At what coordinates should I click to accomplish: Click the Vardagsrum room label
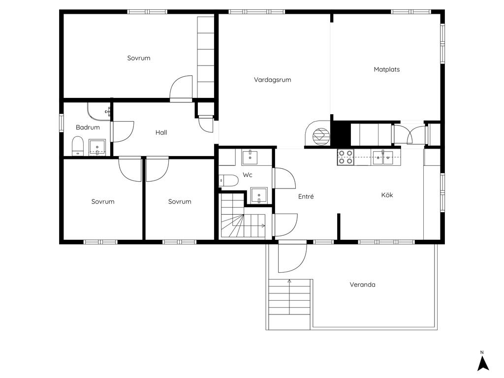272,80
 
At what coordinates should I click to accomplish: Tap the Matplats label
387,69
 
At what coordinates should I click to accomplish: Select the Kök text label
387,195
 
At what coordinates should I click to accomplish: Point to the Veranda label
362,284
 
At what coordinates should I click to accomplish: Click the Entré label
306,196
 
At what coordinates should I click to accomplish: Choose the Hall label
161,132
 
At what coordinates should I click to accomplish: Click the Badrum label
88,127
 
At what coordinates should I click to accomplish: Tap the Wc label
248,175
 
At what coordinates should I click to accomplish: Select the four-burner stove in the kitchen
346,157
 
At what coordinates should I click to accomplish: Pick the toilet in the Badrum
77,146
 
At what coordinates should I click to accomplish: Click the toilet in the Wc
228,180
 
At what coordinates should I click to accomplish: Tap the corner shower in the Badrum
98,112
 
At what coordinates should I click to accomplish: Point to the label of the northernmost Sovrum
138,58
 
